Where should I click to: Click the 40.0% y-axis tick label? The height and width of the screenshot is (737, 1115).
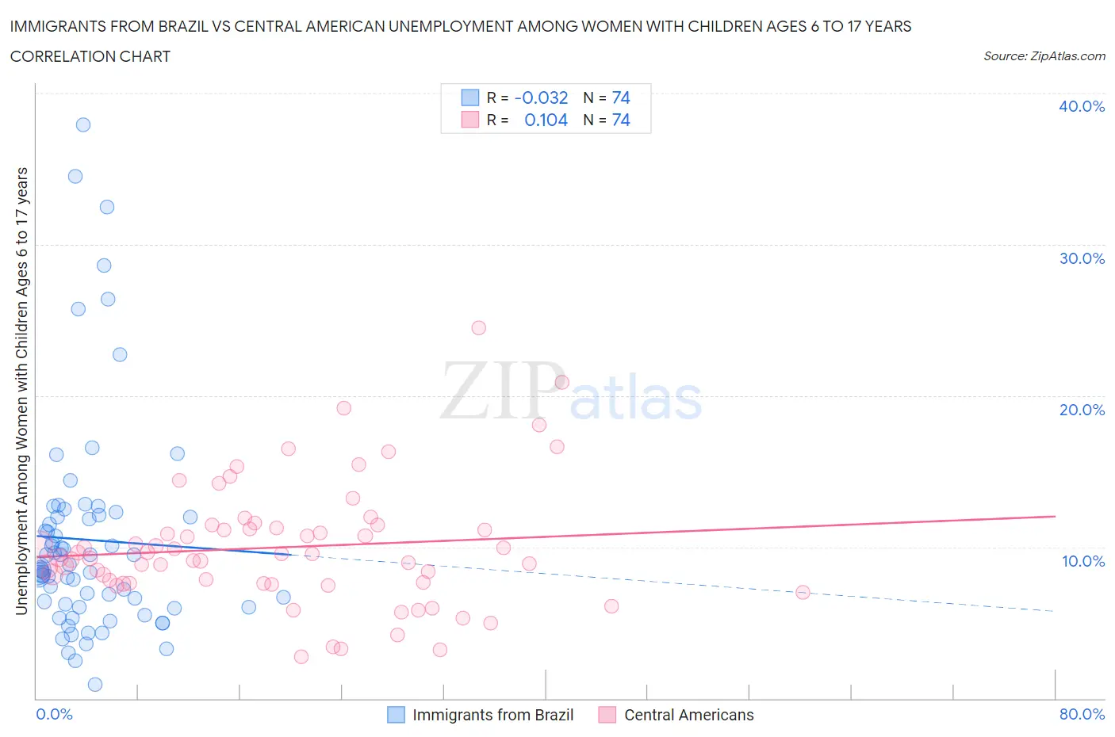point(1081,106)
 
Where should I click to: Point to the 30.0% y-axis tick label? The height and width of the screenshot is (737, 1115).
point(1081,258)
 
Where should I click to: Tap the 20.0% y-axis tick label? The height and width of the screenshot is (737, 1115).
point(1081,410)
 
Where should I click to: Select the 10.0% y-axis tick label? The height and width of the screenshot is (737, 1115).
point(1081,561)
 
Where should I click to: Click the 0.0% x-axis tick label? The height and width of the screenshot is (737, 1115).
point(54,714)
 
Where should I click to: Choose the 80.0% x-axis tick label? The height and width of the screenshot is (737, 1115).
point(1081,714)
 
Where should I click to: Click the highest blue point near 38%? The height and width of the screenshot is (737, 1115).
point(83,124)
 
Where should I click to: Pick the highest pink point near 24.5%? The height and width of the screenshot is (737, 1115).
point(478,327)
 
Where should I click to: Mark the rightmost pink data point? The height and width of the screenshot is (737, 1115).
point(803,592)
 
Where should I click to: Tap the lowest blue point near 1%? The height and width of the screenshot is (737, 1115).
point(95,684)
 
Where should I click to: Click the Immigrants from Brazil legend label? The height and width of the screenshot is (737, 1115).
point(492,715)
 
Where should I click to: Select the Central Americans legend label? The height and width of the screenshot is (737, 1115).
point(688,715)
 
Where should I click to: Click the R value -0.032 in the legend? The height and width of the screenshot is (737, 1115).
point(541,97)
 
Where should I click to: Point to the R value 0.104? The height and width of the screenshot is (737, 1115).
point(546,120)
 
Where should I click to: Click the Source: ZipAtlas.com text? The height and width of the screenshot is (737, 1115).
point(1044,56)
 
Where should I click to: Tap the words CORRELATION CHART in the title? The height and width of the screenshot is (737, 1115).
point(90,56)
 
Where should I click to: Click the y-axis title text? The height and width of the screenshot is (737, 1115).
point(21,391)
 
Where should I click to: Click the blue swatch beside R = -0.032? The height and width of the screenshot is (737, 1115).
point(470,97)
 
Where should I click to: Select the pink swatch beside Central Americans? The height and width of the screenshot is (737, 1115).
point(607,715)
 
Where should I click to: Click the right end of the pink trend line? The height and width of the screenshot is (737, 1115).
point(1055,516)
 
